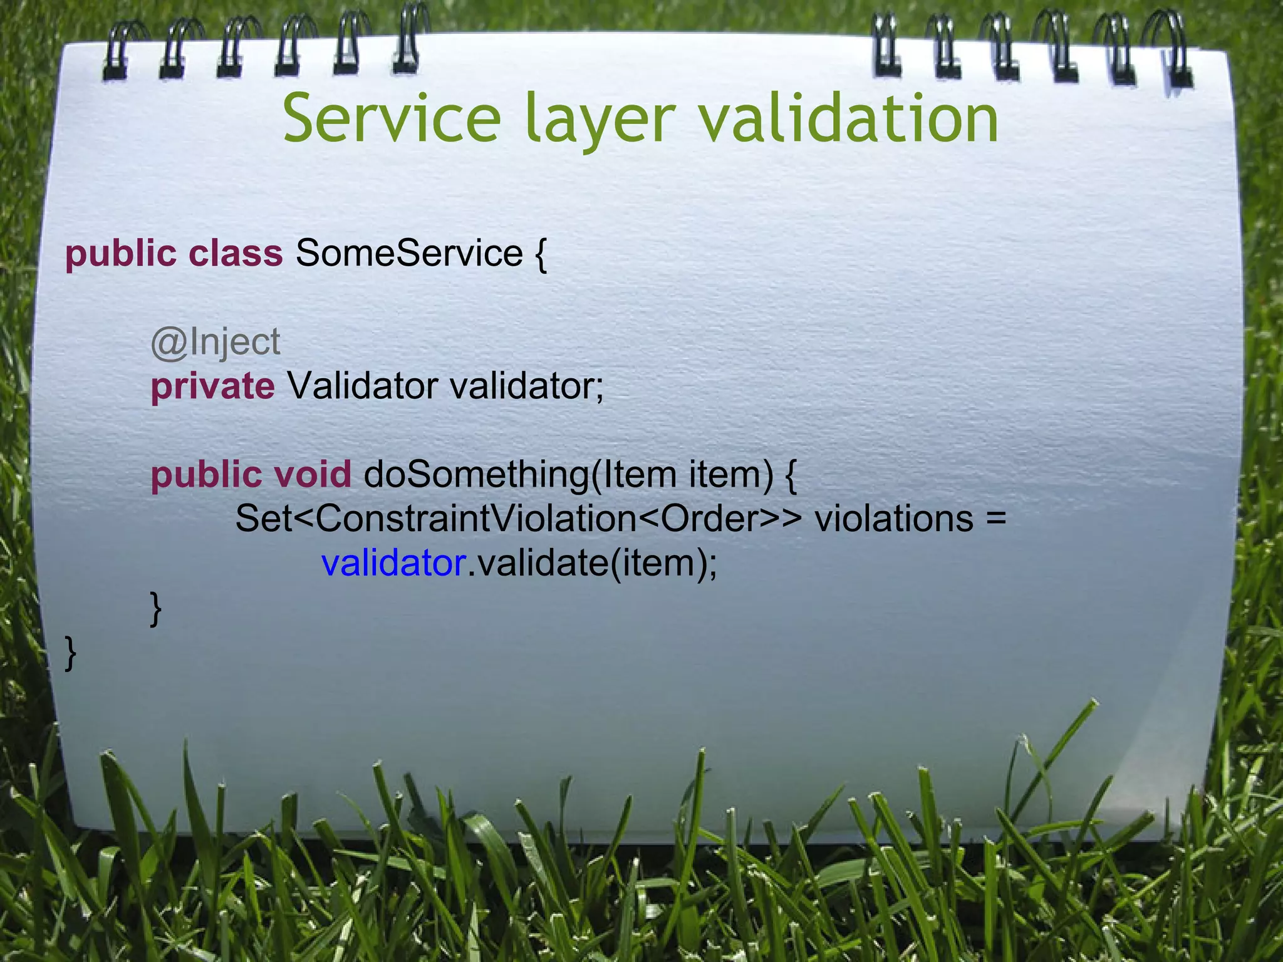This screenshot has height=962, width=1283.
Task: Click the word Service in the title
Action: click(x=392, y=119)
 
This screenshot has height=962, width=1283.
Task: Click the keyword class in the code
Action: click(x=236, y=253)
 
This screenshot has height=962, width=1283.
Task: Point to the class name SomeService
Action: click(x=409, y=253)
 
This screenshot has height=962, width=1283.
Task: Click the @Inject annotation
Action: click(x=216, y=343)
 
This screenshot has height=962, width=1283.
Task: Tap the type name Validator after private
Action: click(x=363, y=386)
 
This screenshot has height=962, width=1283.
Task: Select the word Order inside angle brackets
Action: click(x=706, y=519)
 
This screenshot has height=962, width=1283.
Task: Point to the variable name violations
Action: click(x=894, y=519)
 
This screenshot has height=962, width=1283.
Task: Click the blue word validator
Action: click(x=393, y=563)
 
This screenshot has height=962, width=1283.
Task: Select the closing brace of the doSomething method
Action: click(x=156, y=608)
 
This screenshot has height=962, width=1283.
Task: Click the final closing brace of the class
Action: click(x=71, y=653)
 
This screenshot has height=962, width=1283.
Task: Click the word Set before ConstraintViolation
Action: click(x=263, y=519)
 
